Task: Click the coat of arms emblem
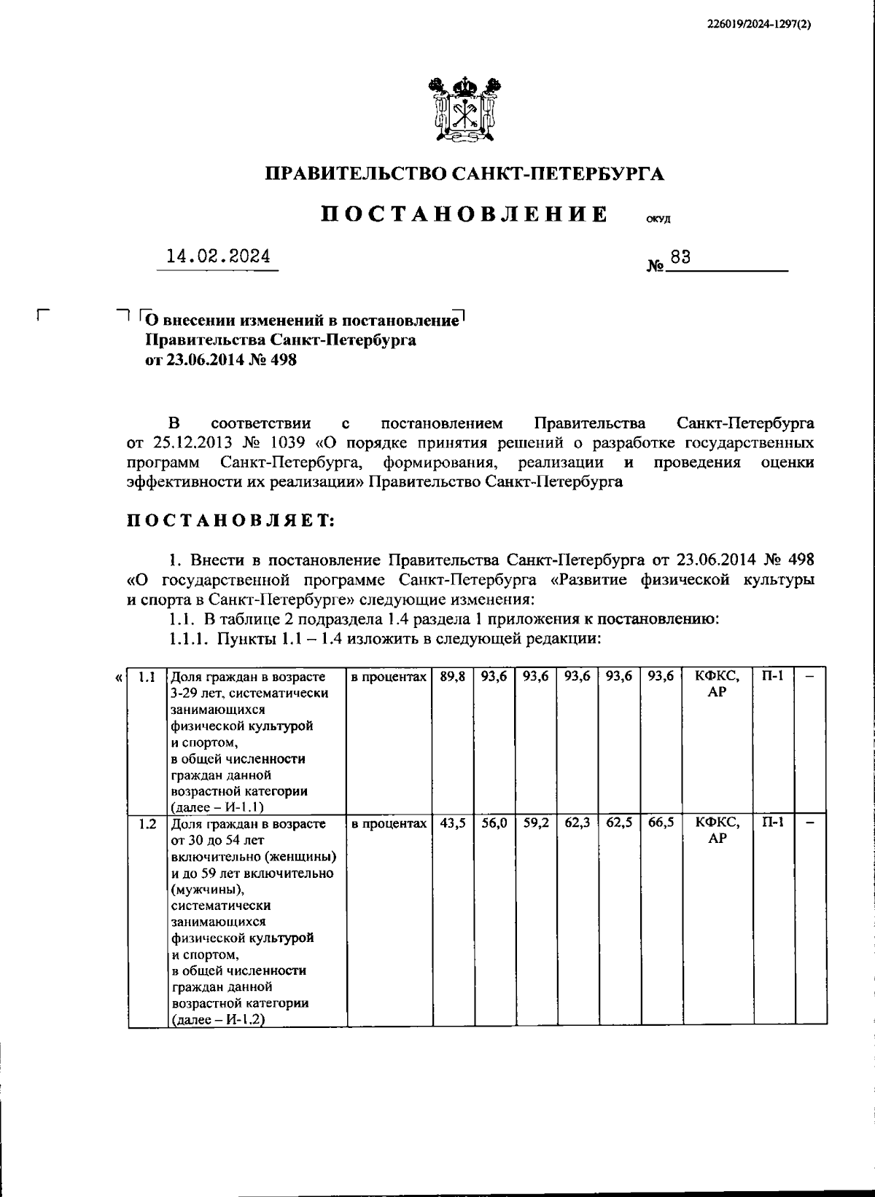click(x=464, y=109)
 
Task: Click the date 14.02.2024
click(x=218, y=256)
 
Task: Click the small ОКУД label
click(x=658, y=219)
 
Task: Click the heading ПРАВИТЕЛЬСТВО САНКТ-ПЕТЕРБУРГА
click(x=464, y=173)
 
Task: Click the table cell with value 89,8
click(x=452, y=677)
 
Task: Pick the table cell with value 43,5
click(x=452, y=823)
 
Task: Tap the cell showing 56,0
click(x=494, y=823)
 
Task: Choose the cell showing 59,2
click(x=535, y=823)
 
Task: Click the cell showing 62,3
click(x=577, y=823)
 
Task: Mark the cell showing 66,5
click(x=660, y=823)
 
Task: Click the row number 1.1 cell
click(x=147, y=677)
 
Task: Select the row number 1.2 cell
click(x=147, y=824)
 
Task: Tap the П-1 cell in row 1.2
click(x=773, y=823)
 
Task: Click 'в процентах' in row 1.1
click(x=388, y=677)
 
